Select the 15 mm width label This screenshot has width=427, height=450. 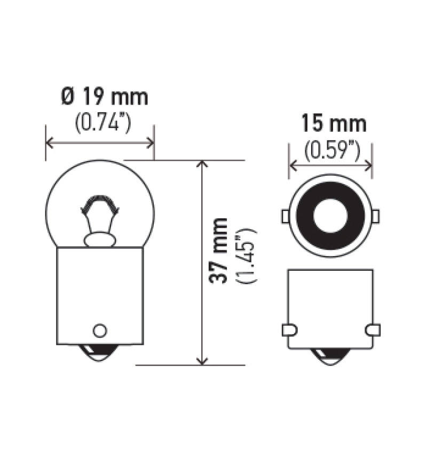pos(334,124)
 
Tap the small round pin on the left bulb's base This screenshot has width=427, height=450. pos(99,330)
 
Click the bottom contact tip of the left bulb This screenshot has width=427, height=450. pos(100,355)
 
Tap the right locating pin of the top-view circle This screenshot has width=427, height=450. pos(375,216)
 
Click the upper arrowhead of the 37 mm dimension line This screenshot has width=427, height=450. pos(202,164)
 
